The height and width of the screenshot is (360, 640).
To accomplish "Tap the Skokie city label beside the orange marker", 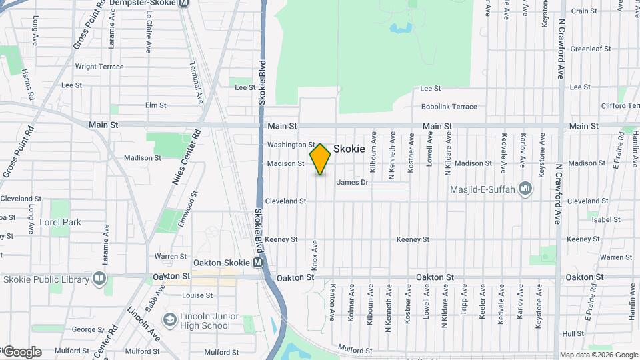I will tap(349, 149).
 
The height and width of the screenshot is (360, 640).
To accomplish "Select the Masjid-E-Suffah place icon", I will tap(525, 189).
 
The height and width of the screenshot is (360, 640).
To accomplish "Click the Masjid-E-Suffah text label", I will tap(482, 190).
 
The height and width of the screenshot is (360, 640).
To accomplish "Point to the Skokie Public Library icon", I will tap(99, 277).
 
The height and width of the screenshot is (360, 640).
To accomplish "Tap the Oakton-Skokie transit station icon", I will tap(258, 263).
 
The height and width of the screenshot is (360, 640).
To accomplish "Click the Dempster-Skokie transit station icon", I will tap(183, 3).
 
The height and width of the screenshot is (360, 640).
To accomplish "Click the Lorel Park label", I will tap(60, 222).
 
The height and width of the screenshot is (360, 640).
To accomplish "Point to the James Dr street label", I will tap(352, 183).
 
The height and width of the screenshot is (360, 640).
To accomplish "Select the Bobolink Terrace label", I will tap(449, 107).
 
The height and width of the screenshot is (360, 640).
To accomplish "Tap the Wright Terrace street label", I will tap(99, 67).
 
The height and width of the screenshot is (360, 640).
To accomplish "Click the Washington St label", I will tap(291, 145).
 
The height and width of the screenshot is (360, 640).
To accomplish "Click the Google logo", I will tap(21, 352).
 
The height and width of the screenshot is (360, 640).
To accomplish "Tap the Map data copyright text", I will tap(598, 355).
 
